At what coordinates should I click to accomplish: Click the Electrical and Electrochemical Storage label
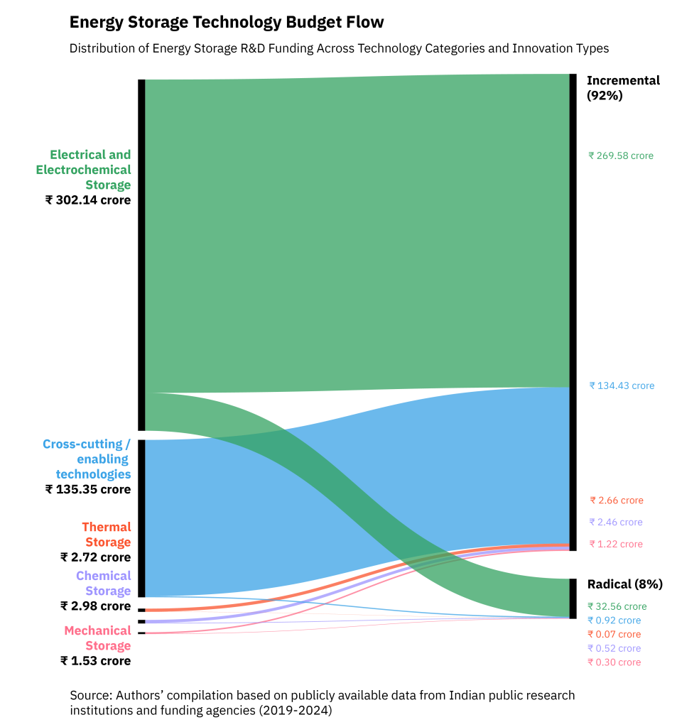[84, 170]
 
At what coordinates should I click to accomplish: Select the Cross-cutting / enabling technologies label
[87, 459]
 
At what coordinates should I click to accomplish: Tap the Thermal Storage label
[107, 535]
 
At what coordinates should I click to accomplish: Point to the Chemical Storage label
[104, 584]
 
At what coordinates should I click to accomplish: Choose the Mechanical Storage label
[98, 638]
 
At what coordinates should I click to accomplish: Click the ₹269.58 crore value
[620, 156]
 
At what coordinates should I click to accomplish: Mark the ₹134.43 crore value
[622, 386]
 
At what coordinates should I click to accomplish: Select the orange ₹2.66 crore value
[616, 501]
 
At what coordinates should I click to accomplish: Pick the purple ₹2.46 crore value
[615, 523]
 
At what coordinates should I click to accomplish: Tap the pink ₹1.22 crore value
[615, 545]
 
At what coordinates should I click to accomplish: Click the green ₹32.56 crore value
[617, 607]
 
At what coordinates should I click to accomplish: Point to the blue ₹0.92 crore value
[614, 621]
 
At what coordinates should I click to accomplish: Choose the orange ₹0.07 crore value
[614, 635]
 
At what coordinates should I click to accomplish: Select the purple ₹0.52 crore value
[614, 648]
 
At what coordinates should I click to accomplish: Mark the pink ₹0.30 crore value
[614, 662]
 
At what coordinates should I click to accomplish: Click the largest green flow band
[355, 227]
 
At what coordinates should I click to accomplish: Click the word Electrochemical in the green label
[84, 170]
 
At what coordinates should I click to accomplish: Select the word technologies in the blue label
[94, 474]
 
